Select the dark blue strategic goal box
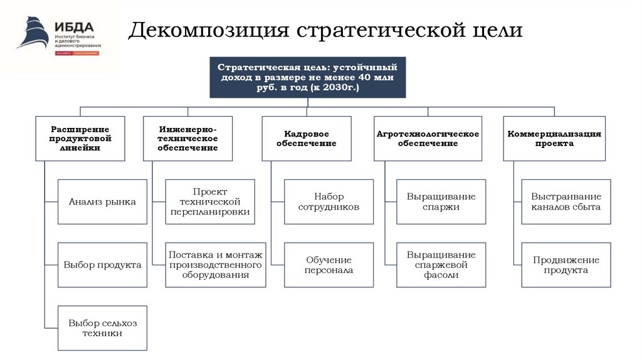[x=307, y=77]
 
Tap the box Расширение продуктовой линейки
[x=80, y=138]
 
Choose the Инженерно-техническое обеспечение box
[x=187, y=138]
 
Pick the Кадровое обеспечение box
[x=306, y=138]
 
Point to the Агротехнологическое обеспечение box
[x=428, y=138]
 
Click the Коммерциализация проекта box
[x=554, y=138]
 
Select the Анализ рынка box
[x=102, y=202]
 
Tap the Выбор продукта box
[x=102, y=265]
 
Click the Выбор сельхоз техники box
[x=102, y=328]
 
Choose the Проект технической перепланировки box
[x=210, y=202]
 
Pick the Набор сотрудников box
[x=329, y=202]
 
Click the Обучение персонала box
[x=329, y=265]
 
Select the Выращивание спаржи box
[x=441, y=202]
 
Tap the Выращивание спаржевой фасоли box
[x=441, y=265]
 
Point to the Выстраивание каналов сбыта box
[x=566, y=202]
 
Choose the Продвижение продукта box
[x=566, y=265]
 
